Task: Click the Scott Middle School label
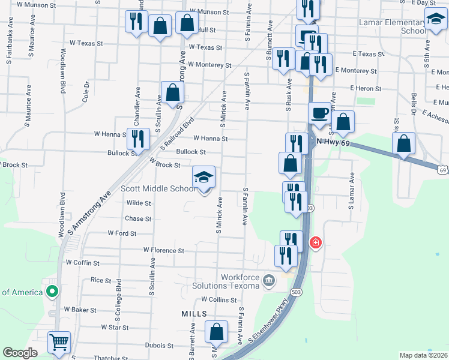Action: tap(158, 188)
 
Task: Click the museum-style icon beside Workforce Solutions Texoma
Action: tap(268, 280)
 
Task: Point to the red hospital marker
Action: tap(315, 243)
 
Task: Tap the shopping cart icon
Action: tap(59, 343)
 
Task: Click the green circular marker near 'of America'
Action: tap(52, 292)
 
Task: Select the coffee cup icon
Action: tap(319, 113)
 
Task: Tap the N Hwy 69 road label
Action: tap(333, 142)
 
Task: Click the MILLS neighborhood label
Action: tap(194, 314)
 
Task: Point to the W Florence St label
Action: tap(163, 250)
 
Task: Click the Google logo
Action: tap(20, 353)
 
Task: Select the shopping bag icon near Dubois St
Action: tap(216, 332)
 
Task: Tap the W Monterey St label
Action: tap(209, 65)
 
